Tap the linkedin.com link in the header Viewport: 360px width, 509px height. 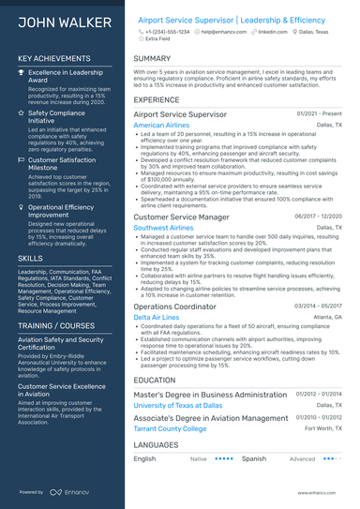pyautogui.click(x=272, y=32)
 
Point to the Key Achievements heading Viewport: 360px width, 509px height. pyautogui.click(x=55, y=58)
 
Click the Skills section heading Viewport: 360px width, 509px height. pyautogui.click(x=30, y=257)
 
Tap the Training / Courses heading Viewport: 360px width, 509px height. pyautogui.click(x=59, y=325)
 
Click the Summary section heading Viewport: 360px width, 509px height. pyautogui.click(x=152, y=58)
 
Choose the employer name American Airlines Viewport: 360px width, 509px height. pyautogui.click(x=161, y=125)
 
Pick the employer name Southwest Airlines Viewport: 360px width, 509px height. pyautogui.click(x=164, y=228)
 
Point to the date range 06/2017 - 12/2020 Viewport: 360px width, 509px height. pyautogui.click(x=318, y=217)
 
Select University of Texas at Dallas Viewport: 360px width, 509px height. pyautogui.click(x=178, y=406)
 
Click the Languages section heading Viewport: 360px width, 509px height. pyautogui.click(x=156, y=444)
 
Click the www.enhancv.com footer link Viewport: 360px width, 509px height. pyautogui.click(x=322, y=492)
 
